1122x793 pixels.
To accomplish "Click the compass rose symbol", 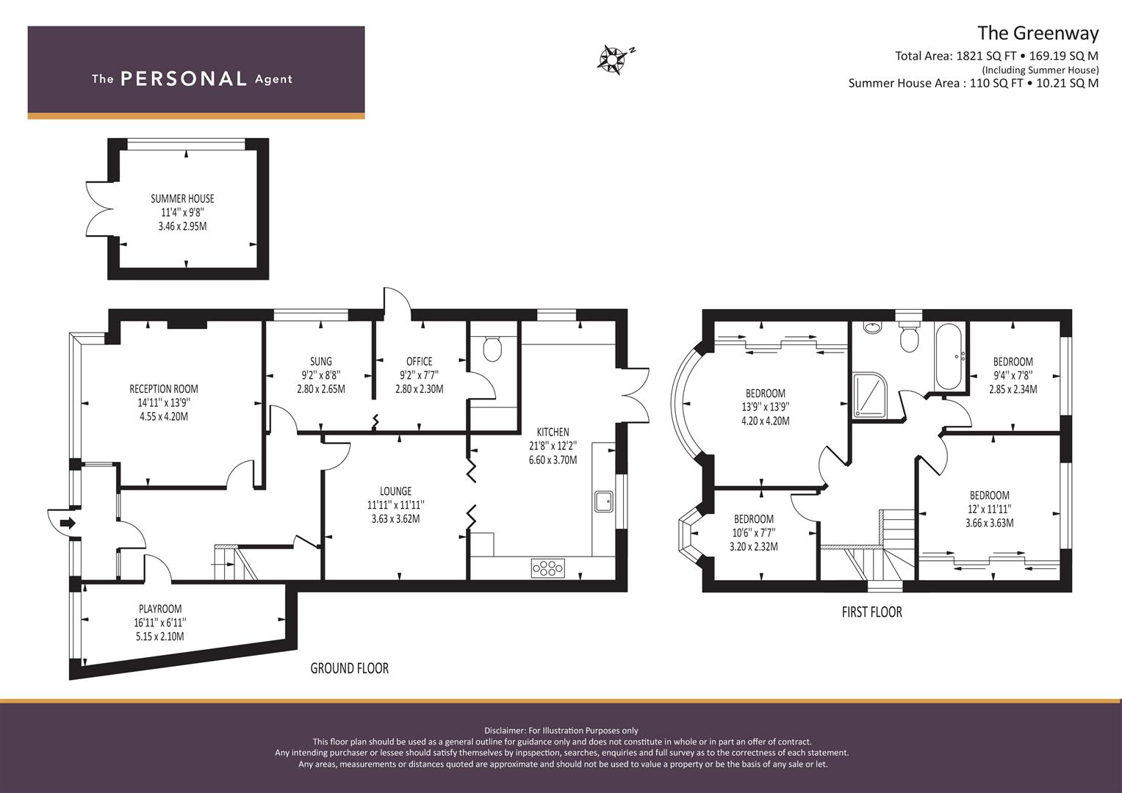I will pyautogui.click(x=612, y=59).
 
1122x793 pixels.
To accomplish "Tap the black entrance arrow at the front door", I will pyautogui.click(x=67, y=524).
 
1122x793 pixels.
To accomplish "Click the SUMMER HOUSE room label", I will pyautogui.click(x=182, y=199).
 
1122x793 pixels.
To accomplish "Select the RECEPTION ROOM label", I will pyautogui.click(x=164, y=389).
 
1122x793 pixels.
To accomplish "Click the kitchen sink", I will pyautogui.click(x=604, y=501).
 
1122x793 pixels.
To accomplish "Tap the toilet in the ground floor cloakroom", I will pyautogui.click(x=492, y=349).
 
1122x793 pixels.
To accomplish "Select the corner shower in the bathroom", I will pyautogui.click(x=871, y=395).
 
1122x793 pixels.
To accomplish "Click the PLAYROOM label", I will pyautogui.click(x=160, y=609).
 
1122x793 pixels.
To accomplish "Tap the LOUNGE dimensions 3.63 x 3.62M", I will pyautogui.click(x=396, y=519).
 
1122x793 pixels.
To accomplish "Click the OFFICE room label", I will pyautogui.click(x=419, y=361).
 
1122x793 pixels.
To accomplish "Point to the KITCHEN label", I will pyautogui.click(x=553, y=432).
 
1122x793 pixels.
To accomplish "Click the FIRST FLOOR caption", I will pyautogui.click(x=871, y=612).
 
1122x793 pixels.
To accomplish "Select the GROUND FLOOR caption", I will pyautogui.click(x=349, y=668).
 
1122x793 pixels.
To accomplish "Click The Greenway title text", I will pyautogui.click(x=1038, y=34).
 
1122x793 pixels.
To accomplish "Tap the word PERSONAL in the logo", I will pyautogui.click(x=183, y=79).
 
